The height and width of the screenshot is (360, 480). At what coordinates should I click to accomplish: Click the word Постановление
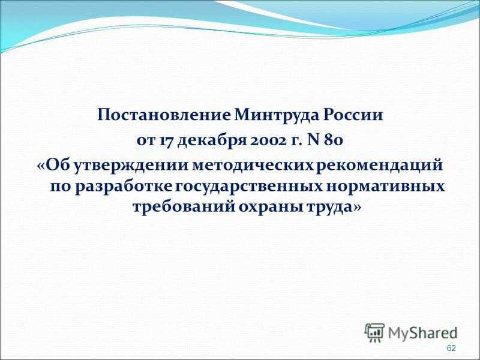(164, 115)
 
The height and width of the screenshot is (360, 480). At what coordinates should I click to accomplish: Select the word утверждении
(133, 166)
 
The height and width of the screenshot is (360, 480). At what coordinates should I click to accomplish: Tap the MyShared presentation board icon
(374, 332)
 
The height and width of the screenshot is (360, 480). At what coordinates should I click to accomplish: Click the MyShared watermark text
(422, 333)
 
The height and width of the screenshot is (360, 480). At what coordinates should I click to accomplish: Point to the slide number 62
(451, 349)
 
